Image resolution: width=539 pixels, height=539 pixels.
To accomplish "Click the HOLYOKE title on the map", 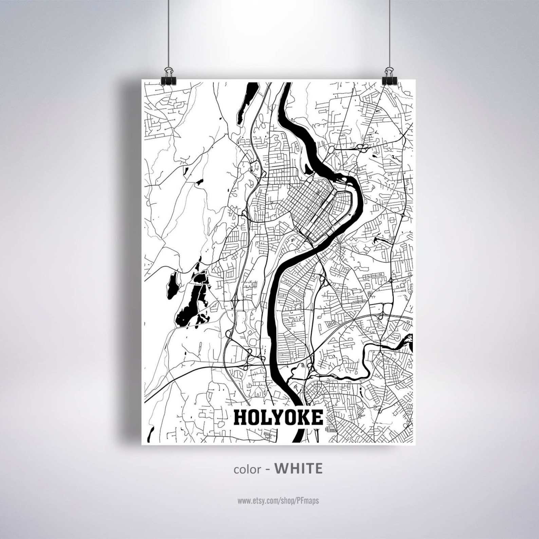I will (278, 418).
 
